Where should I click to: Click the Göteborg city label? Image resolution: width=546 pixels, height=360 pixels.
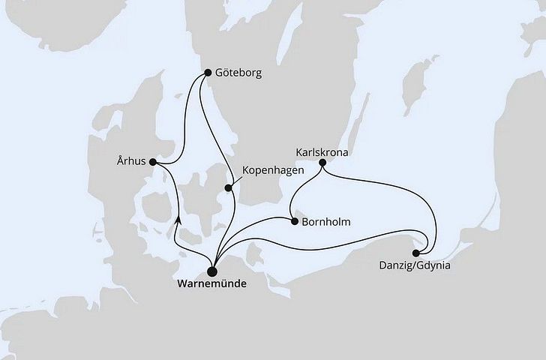pyautogui.click(x=240, y=75)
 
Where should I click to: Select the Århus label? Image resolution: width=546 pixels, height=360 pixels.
pyautogui.click(x=132, y=160)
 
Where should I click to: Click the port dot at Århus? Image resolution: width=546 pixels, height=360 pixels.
pyautogui.click(x=153, y=160)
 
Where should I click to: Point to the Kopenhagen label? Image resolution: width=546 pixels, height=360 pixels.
pyautogui.click(x=274, y=171)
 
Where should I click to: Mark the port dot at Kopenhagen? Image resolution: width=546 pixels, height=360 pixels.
pyautogui.click(x=229, y=188)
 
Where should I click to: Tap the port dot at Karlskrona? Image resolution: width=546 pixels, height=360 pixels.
pyautogui.click(x=322, y=162)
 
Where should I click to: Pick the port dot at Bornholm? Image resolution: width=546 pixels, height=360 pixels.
pyautogui.click(x=293, y=221)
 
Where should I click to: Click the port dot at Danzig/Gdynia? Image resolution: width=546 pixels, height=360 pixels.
pyautogui.click(x=416, y=253)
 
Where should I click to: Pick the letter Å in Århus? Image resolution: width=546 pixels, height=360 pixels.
pyautogui.click(x=121, y=160)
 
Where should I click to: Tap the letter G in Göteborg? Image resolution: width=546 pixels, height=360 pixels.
pyautogui.click(x=219, y=75)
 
